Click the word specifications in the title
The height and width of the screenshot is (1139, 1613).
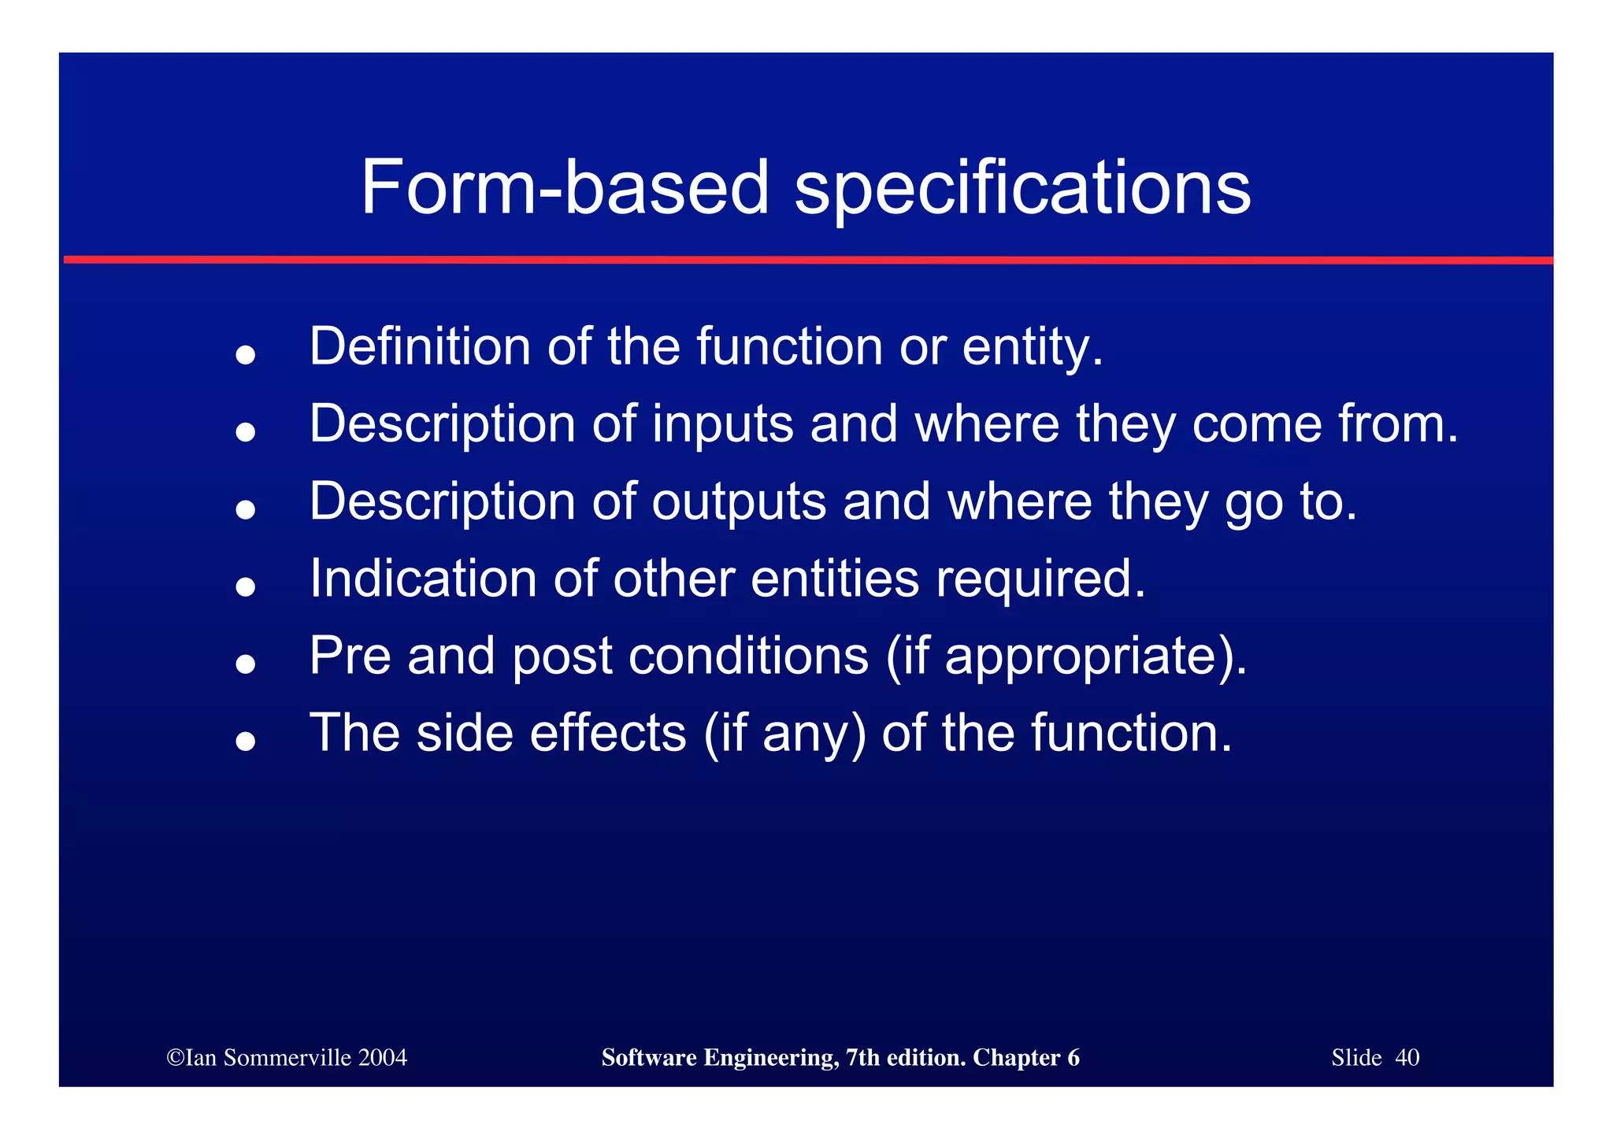(x=1022, y=189)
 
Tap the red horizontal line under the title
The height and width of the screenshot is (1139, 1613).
(x=806, y=259)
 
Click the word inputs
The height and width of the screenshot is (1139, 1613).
(x=721, y=424)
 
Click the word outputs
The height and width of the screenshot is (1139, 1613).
(x=738, y=501)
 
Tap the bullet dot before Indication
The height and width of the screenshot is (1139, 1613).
(x=246, y=586)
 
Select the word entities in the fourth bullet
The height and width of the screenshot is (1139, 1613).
(x=834, y=579)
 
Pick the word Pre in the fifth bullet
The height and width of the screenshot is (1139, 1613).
(x=350, y=656)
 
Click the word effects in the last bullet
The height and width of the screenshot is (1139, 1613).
(x=607, y=733)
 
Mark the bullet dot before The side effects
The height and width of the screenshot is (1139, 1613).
(x=246, y=741)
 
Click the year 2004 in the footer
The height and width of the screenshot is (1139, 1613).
(x=382, y=1057)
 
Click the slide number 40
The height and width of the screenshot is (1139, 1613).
(x=1407, y=1057)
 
